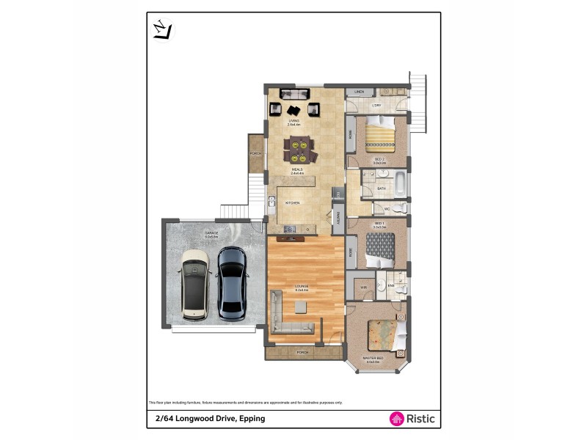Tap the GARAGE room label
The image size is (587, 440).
(211, 233)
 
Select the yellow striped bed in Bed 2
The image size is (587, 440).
(380, 136)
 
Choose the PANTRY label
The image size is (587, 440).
(338, 218)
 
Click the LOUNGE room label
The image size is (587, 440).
(302, 287)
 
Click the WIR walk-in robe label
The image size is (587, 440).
(363, 287)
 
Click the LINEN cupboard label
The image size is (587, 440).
(359, 92)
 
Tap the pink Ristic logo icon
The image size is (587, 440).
(395, 419)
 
